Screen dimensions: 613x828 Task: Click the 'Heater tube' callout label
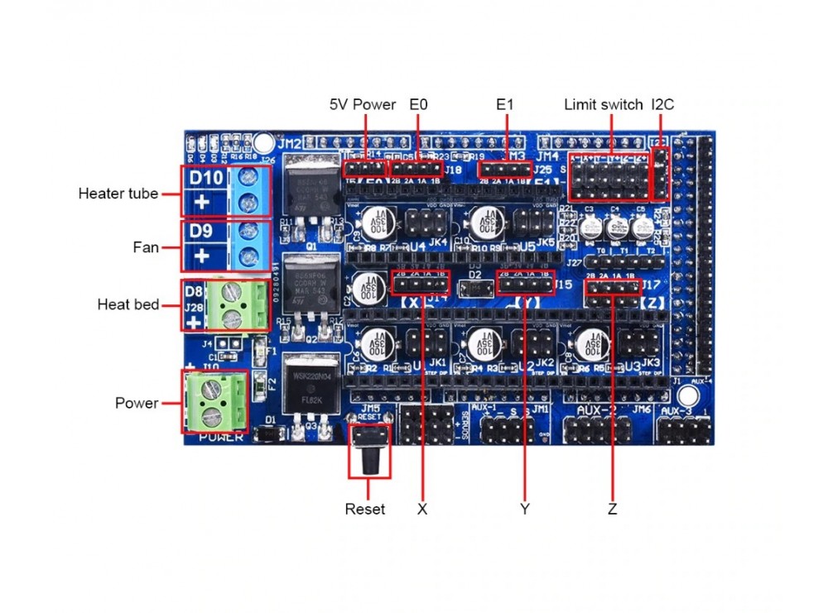click(x=118, y=194)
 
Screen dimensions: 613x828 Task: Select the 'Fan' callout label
click(x=146, y=247)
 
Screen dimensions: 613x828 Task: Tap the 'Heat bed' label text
click(x=128, y=304)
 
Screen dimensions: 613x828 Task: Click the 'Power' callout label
click(x=137, y=403)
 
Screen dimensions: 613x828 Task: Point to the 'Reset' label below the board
click(x=364, y=509)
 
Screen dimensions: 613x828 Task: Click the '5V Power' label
click(x=363, y=105)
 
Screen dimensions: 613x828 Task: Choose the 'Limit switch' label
click(x=603, y=105)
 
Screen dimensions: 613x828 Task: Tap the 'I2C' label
click(x=663, y=105)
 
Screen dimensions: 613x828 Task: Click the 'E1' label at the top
click(x=505, y=105)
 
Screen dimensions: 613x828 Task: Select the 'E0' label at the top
click(x=418, y=105)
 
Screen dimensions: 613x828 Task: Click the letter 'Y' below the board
click(x=524, y=510)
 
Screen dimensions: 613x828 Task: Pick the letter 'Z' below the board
click(x=612, y=510)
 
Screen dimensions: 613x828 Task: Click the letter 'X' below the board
click(x=422, y=510)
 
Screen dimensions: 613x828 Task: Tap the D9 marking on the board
click(x=202, y=232)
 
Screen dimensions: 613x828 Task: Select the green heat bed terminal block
click(x=241, y=304)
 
